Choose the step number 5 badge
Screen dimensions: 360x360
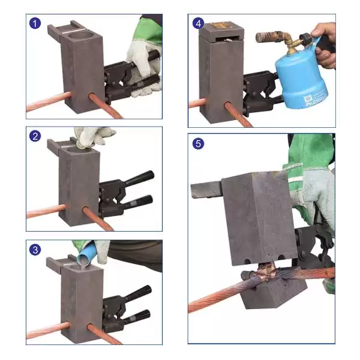198,144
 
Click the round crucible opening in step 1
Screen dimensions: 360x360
79,35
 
